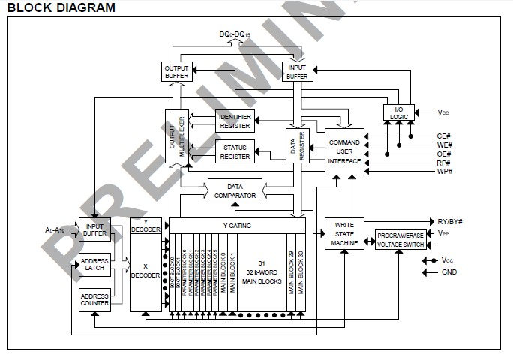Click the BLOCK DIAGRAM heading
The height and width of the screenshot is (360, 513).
pyautogui.click(x=61, y=8)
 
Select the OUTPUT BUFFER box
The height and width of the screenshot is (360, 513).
pyautogui.click(x=177, y=71)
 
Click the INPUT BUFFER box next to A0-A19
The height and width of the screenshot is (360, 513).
pyautogui.click(x=94, y=229)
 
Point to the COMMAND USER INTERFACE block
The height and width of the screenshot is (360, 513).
pyautogui.click(x=344, y=152)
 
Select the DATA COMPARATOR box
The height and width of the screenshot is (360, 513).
pyautogui.click(x=235, y=190)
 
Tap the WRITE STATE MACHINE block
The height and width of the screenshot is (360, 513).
pyautogui.click(x=343, y=234)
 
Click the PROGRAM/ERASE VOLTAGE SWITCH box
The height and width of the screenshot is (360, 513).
pyautogui.click(x=401, y=239)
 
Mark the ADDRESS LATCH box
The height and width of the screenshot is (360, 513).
pyautogui.click(x=94, y=265)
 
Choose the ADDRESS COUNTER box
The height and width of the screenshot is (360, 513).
pyautogui.click(x=94, y=299)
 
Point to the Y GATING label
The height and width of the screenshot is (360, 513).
pyautogui.click(x=237, y=224)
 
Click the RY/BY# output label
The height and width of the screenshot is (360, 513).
pyautogui.click(x=449, y=221)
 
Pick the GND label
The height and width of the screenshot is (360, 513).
pyautogui.click(x=448, y=272)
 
